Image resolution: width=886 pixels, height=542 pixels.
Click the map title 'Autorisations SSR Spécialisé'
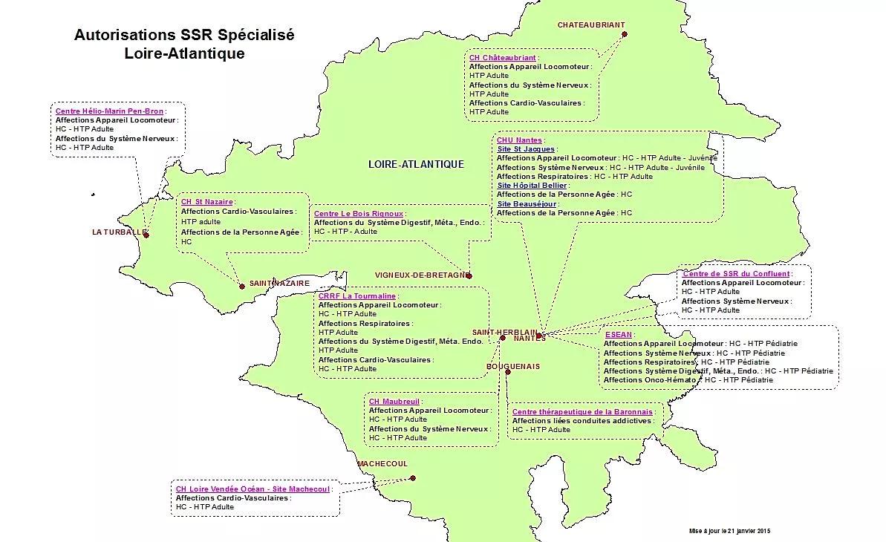184,36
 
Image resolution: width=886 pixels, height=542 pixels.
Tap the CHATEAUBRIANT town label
591,25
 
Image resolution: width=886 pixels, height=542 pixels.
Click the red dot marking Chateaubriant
625,34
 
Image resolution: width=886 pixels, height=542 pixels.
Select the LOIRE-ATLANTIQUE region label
416,164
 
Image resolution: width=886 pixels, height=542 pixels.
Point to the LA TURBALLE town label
117,232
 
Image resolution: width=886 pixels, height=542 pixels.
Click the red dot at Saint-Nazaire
242,286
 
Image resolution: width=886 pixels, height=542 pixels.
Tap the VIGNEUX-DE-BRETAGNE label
420,275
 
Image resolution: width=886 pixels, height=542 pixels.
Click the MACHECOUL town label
382,464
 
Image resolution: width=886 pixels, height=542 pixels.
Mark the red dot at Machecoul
413,478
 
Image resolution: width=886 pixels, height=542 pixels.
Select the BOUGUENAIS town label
513,367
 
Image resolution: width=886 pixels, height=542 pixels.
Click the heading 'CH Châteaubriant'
502,57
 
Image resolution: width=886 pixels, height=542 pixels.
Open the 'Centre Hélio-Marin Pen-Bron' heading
109,111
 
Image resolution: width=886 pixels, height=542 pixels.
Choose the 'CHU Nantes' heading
519,140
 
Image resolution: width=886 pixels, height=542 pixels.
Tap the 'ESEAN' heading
618,335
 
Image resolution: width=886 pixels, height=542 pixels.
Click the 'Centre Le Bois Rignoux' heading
358,213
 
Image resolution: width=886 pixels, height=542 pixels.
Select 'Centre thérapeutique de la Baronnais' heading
582,411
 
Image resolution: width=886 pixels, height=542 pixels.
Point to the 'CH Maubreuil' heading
394,401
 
